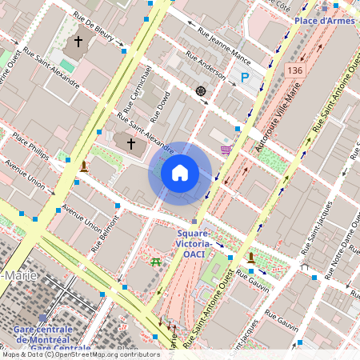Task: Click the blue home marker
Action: pyautogui.click(x=179, y=173)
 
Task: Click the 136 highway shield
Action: pyautogui.click(x=294, y=71)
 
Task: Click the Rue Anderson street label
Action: pyautogui.click(x=206, y=66)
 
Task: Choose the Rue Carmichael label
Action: pyautogui.click(x=136, y=87)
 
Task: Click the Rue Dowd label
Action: pyautogui.click(x=159, y=106)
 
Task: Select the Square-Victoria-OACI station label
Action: pyautogui.click(x=193, y=243)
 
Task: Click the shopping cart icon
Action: pyautogui.click(x=226, y=149)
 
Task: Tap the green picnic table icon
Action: pyautogui.click(x=155, y=262)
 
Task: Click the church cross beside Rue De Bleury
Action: pyautogui.click(x=78, y=41)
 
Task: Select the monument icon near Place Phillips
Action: pyautogui.click(x=83, y=166)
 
